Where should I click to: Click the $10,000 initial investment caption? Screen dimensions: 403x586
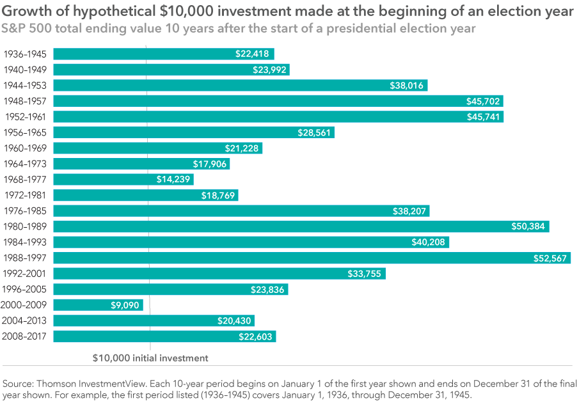150,358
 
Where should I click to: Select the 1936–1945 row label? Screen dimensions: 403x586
25,54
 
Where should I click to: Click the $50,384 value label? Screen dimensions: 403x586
529,226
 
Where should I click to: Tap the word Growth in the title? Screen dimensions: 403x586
27,12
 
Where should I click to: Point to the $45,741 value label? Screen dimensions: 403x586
484,117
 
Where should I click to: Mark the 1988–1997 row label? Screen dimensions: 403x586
25,258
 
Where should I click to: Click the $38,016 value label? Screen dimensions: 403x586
408,86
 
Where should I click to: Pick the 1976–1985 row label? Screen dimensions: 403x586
25,211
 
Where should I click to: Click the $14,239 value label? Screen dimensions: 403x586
173,180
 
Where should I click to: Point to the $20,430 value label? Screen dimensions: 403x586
235,320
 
